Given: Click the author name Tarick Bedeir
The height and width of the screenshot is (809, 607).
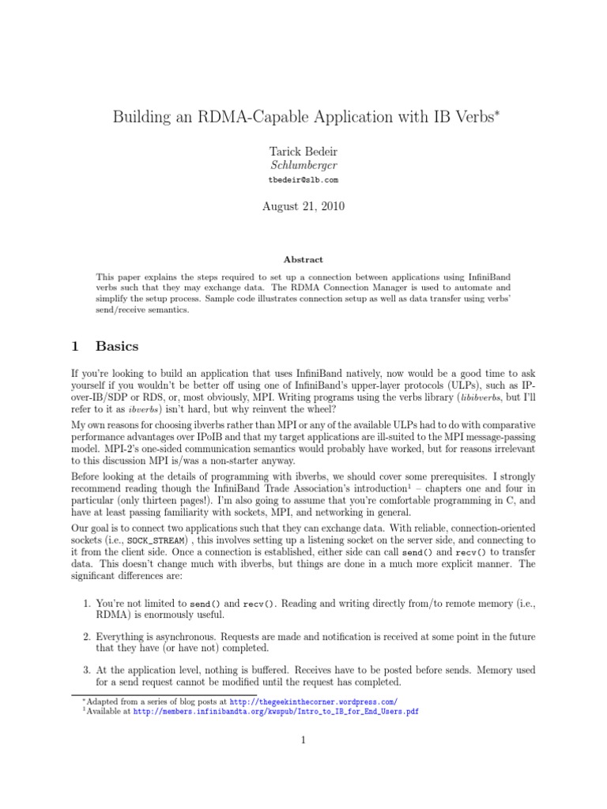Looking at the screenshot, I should coord(303,151).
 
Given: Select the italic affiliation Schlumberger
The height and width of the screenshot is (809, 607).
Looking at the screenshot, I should coord(303,165).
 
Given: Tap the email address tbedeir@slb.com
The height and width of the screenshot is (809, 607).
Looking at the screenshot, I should coord(303,180).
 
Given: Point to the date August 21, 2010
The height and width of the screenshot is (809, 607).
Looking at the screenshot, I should coord(303,207).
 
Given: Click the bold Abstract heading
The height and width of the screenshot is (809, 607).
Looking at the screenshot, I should coord(303,259).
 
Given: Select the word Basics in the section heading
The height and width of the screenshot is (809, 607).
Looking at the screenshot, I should coord(117,346).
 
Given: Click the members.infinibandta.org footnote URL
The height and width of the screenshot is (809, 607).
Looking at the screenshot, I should coord(276,711).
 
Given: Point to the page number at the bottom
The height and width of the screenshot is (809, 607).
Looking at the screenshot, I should coord(303,740).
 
